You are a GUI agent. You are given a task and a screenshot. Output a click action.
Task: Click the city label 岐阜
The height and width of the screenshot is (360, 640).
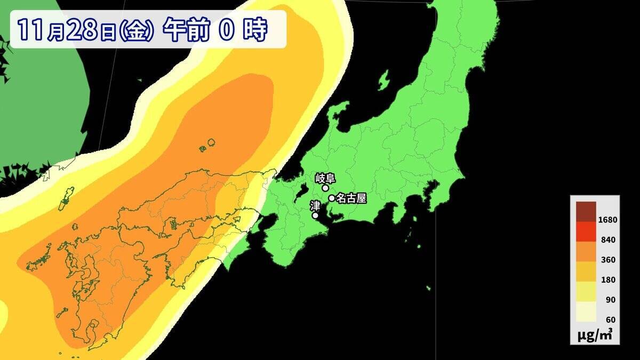[x=324, y=178]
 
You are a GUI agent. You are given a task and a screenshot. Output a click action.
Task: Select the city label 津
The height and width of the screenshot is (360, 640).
[x=315, y=205]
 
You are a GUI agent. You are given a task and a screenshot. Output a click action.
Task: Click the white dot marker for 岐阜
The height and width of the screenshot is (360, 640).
[x=325, y=188]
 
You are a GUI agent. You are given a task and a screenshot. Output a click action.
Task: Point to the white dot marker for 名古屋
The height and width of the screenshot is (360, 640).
[x=332, y=198]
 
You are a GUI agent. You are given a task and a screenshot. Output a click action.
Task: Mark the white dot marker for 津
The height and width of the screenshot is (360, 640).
[x=315, y=215]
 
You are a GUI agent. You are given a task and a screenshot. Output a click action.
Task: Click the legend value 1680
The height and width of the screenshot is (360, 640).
[x=608, y=220]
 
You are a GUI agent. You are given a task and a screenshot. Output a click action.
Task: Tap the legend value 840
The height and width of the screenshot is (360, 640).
[x=608, y=240]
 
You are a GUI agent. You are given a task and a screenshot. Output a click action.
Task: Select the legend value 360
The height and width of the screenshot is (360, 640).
[x=608, y=260]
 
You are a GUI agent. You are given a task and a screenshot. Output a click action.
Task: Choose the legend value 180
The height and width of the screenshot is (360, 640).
[x=608, y=279]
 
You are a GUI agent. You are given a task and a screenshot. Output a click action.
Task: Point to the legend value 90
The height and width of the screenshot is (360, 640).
[x=610, y=300]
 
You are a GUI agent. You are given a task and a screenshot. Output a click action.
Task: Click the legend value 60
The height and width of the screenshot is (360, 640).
[x=610, y=319]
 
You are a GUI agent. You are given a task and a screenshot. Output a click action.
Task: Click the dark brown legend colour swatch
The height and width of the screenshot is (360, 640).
[x=586, y=211]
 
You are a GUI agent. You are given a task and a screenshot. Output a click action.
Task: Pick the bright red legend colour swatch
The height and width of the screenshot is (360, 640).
[x=586, y=231]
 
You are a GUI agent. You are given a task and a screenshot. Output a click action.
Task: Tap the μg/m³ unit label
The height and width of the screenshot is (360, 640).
[x=595, y=335]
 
